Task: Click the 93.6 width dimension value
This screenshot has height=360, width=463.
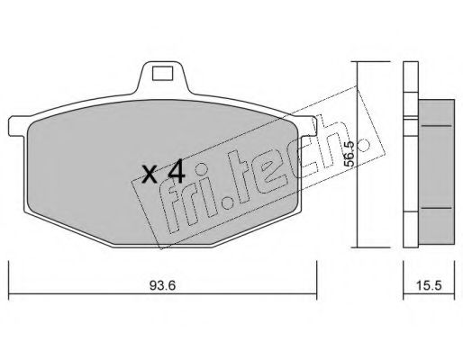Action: tap(162, 285)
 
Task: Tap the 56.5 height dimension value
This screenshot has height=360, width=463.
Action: tap(350, 154)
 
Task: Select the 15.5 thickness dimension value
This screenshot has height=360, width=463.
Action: tap(429, 285)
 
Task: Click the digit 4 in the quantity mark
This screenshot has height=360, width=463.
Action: tap(177, 171)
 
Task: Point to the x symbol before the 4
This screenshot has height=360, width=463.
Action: tap(150, 175)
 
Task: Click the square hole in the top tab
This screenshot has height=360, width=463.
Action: tap(162, 73)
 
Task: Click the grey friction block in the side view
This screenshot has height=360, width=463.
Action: tap(436, 172)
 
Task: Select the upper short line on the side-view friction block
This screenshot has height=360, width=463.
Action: tap(436, 126)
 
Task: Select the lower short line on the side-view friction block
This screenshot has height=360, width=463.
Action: tap(436, 208)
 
